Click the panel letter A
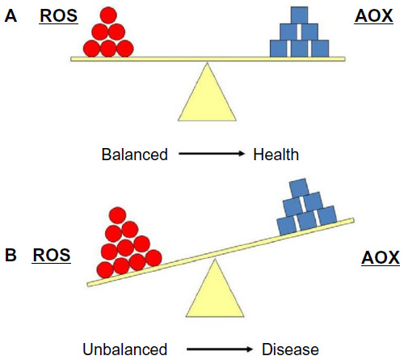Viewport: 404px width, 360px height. tap(11, 15)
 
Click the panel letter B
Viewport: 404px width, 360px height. tap(11, 255)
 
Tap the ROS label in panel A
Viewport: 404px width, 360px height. tap(59, 15)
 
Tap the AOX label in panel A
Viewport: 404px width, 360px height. tap(373, 15)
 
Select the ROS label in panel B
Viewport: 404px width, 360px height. tap(52, 255)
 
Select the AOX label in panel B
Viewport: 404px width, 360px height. tap(381, 257)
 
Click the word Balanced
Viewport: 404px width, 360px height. tap(135, 155)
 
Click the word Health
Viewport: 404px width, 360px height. tap(276, 155)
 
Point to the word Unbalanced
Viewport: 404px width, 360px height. tap(125, 349)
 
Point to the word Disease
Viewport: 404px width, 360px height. tap(290, 349)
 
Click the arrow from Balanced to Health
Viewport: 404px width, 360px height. tap(212, 154)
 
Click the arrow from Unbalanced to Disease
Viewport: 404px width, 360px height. tap(220, 349)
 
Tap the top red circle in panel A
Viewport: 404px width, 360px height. tap(108, 15)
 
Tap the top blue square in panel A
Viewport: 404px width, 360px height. tap(299, 15)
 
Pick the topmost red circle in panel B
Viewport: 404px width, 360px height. tap(118, 215)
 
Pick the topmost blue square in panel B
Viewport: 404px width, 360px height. tap(299, 188)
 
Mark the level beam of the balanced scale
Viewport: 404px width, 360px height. tap(208, 59)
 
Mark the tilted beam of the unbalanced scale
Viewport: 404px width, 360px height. tap(221, 252)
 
